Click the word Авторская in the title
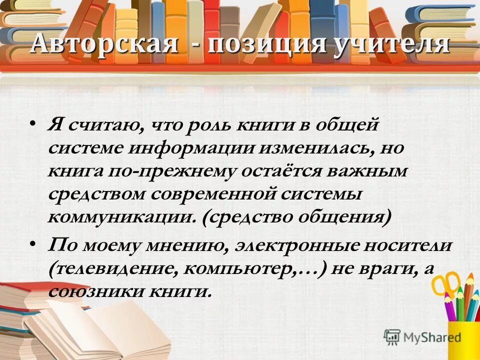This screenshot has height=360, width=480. tap(103, 44)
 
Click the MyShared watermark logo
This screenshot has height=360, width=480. tap(422, 336)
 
